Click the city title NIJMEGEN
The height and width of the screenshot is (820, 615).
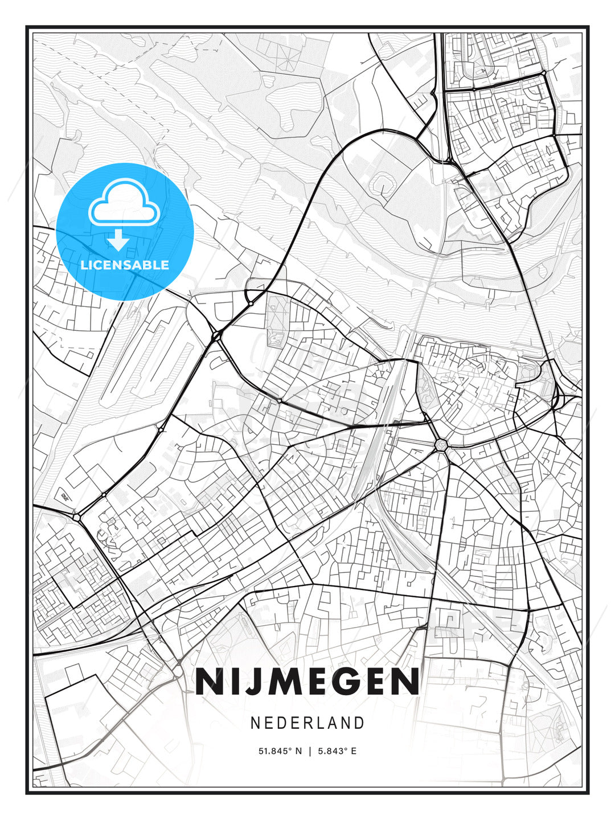click(x=307, y=682)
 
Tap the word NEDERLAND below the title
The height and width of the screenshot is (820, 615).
click(x=307, y=723)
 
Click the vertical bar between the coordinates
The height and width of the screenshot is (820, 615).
click(x=310, y=751)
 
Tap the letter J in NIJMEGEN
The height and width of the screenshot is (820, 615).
click(x=243, y=682)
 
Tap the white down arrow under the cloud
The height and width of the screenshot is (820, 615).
click(x=118, y=241)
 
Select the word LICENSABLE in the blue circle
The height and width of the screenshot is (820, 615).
click(x=125, y=265)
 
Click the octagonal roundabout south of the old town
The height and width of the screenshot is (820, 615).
click(x=440, y=444)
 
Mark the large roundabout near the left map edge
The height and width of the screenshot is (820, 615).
click(x=76, y=517)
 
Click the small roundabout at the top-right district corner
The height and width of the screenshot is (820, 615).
click(x=544, y=73)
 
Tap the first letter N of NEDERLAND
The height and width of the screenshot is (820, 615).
click(x=255, y=723)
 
